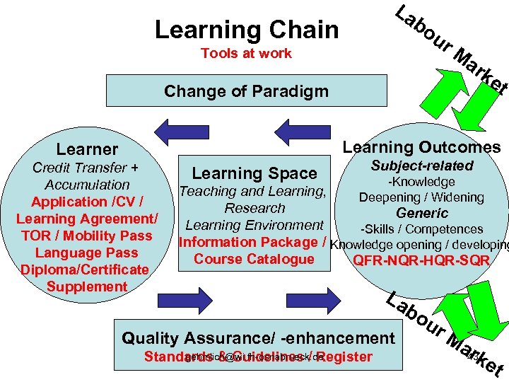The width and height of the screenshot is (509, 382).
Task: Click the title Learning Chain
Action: click(246, 30)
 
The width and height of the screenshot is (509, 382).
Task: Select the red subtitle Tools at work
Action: click(246, 54)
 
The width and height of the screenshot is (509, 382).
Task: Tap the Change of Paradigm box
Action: click(246, 91)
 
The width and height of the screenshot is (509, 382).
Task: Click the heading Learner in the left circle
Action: click(87, 149)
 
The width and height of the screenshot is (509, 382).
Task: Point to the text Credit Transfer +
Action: click(86, 168)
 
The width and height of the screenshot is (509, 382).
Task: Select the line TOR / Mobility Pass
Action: click(86, 236)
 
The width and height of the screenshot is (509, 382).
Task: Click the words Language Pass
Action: click(86, 253)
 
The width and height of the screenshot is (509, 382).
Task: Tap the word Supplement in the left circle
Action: click(86, 286)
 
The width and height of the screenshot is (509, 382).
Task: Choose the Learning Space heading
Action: click(255, 173)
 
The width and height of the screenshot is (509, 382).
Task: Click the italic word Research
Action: click(255, 209)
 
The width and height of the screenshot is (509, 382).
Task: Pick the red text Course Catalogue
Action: click(254, 259)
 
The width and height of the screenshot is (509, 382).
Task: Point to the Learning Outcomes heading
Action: click(421, 147)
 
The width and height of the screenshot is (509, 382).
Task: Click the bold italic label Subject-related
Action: click(421, 166)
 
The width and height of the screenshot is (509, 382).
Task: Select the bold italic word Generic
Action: click(421, 213)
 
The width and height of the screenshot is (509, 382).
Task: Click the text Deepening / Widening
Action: click(421, 197)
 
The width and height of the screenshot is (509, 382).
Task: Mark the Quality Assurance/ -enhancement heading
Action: click(258, 338)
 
